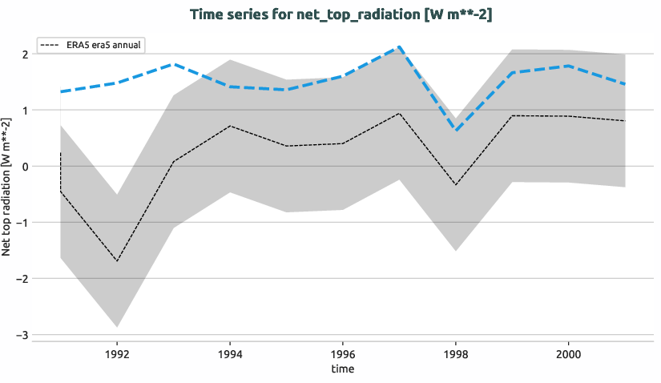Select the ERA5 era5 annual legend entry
pyautogui.click(x=91, y=45)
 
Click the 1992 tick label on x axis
pyautogui.click(x=117, y=352)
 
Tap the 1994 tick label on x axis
pyautogui.click(x=230, y=352)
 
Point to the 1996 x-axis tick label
pyautogui.click(x=343, y=352)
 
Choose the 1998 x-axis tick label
pyautogui.click(x=455, y=352)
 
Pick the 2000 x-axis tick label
pyautogui.click(x=568, y=352)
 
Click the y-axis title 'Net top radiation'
pyautogui.click(x=7, y=186)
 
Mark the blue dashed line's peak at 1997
pyautogui.click(x=399, y=47)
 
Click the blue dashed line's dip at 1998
pyautogui.click(x=455, y=130)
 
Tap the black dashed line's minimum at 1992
pyautogui.click(x=117, y=261)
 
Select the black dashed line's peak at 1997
pyautogui.click(x=399, y=113)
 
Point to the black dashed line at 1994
pyautogui.click(x=230, y=126)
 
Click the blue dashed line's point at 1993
pyautogui.click(x=174, y=64)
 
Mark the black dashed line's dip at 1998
pyautogui.click(x=455, y=185)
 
